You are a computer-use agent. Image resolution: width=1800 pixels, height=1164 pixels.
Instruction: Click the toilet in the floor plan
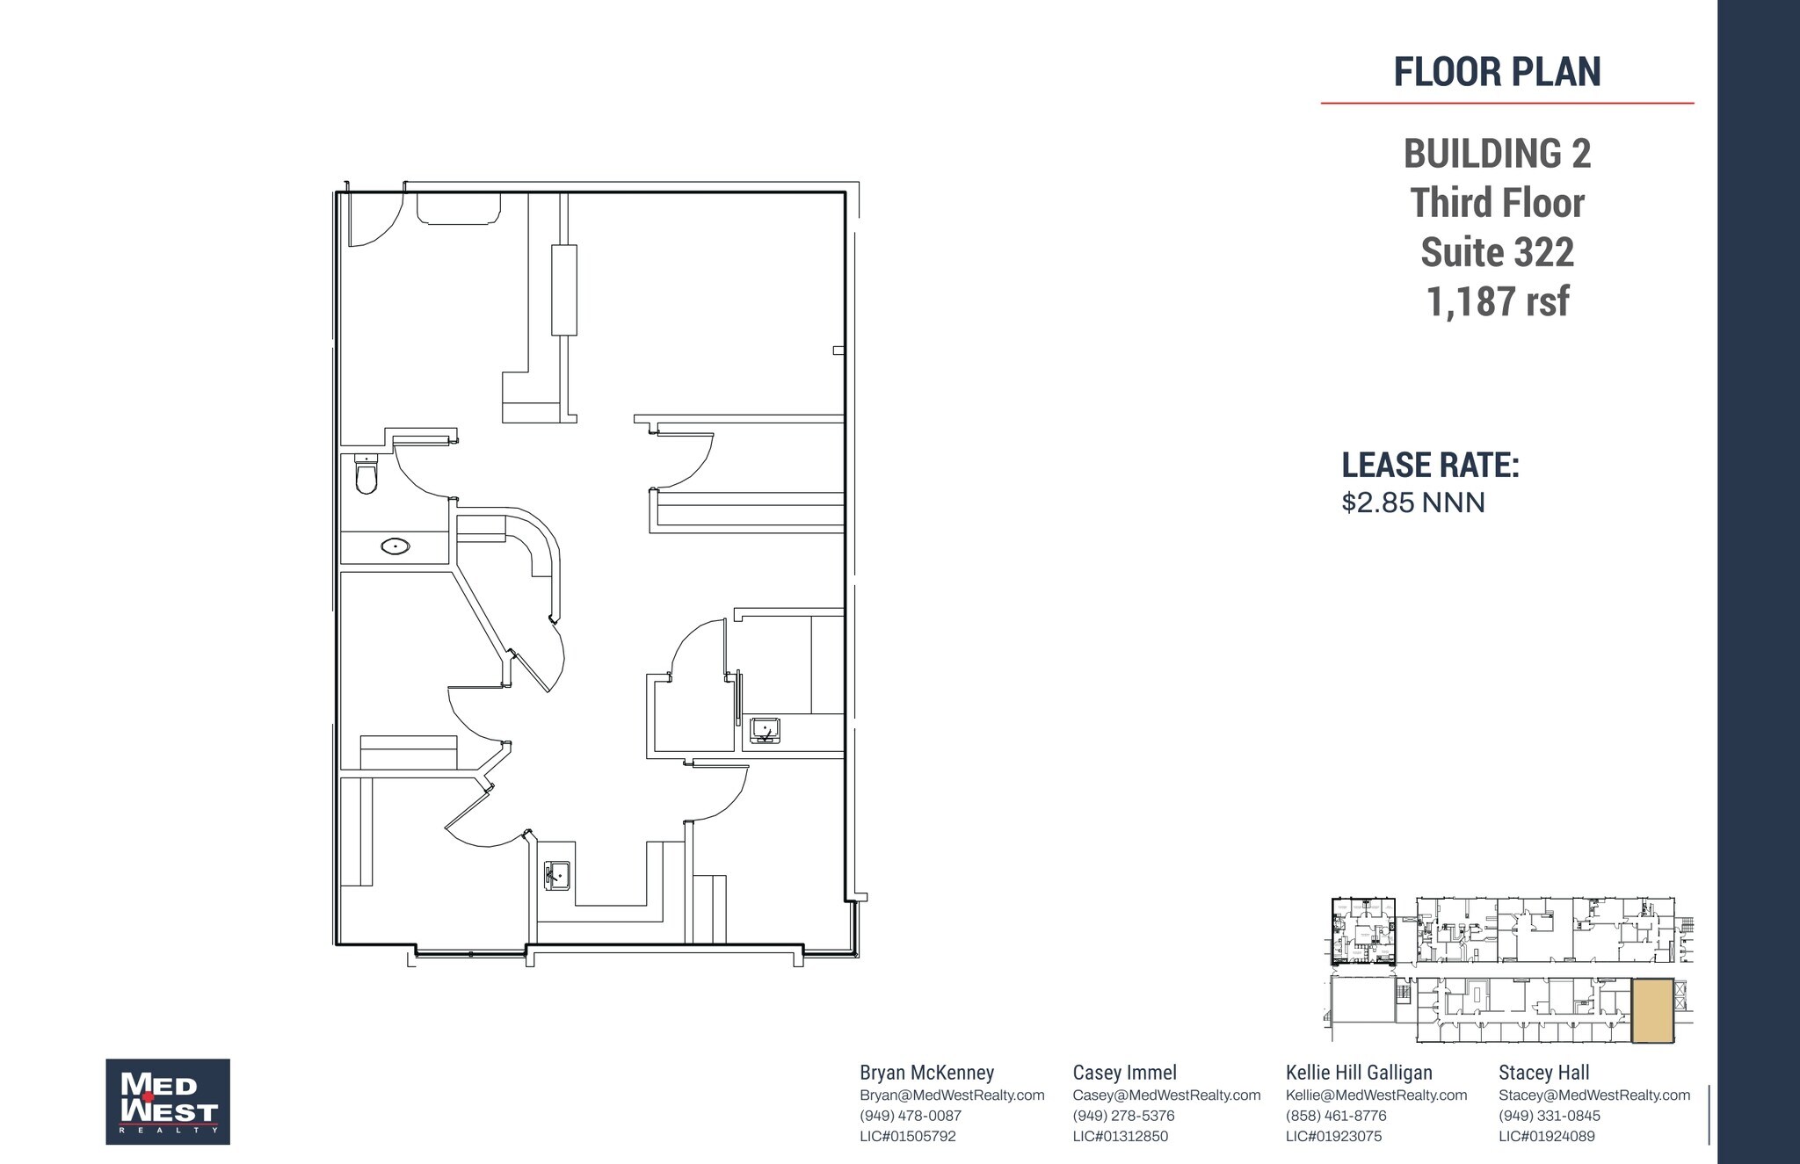pos(367,475)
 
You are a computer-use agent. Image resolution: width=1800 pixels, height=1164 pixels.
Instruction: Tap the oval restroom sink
pos(396,546)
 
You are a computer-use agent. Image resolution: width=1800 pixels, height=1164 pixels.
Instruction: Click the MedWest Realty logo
pos(168,1101)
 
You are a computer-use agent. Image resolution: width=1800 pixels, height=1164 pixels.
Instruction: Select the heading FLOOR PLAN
pos(1497,72)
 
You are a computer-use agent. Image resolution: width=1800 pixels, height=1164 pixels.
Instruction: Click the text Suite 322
pos(1497,253)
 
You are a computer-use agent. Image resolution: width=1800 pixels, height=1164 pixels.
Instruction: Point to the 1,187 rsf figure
pos(1497,302)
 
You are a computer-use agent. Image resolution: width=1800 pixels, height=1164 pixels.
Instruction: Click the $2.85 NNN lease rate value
pos(1412,502)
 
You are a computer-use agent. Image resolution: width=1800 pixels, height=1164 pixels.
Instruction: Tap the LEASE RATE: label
pos(1430,466)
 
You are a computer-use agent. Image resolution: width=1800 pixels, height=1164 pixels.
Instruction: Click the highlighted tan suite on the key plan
pos(1652,1011)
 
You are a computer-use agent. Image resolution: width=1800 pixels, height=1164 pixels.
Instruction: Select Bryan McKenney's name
pos(926,1073)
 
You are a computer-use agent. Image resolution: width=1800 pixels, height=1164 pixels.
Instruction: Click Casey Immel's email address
pos(1166,1095)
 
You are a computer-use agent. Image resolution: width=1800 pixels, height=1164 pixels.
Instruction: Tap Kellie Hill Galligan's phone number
pos(1336,1116)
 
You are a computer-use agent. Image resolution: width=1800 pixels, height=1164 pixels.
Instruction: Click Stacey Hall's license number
pos(1547,1136)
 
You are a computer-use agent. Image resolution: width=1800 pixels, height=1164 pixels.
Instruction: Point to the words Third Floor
pos(1497,203)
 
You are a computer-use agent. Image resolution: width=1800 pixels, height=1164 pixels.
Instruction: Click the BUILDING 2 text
pos(1497,154)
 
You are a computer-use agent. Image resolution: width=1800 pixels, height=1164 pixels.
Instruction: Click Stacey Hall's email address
pos(1594,1095)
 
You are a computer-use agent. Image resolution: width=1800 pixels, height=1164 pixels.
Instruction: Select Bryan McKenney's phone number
pos(911,1116)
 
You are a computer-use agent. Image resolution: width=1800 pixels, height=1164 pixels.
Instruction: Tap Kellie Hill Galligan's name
pos(1359,1073)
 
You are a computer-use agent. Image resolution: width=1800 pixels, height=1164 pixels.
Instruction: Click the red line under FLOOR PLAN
pos(1506,103)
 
